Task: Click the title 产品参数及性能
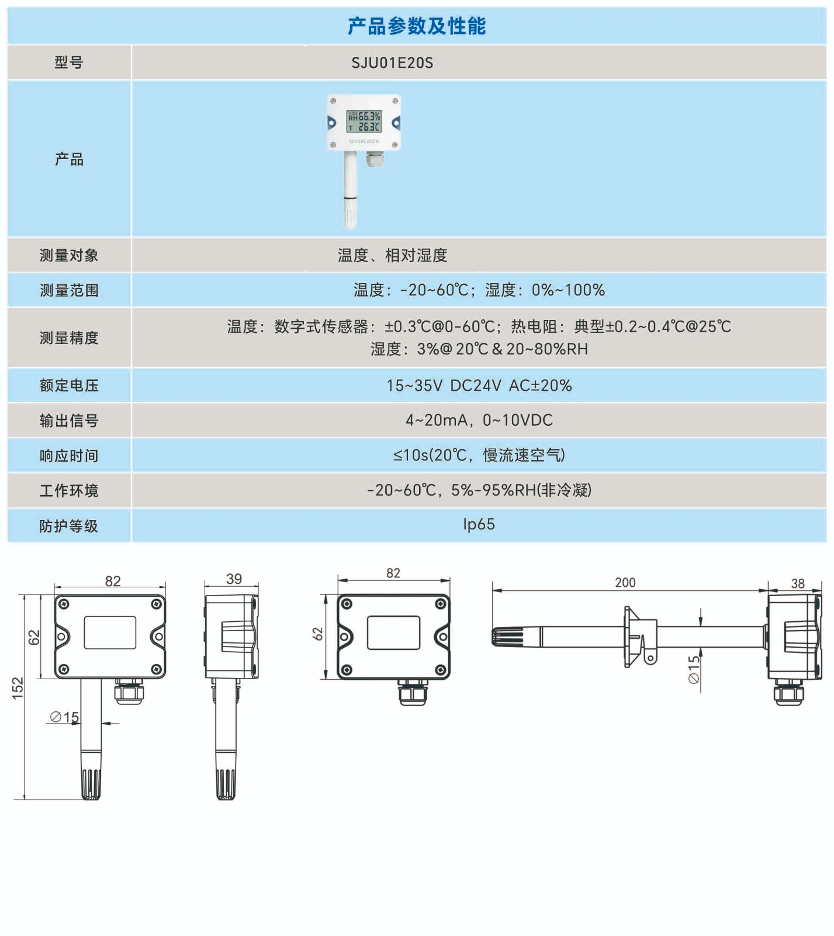click(417, 26)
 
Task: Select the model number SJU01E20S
click(392, 63)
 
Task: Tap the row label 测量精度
click(69, 338)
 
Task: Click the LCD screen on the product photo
click(364, 121)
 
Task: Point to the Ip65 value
click(479, 525)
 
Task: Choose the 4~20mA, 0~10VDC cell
click(479, 420)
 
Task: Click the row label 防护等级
click(69, 526)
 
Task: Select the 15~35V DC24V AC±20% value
click(479, 386)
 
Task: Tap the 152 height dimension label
click(18, 688)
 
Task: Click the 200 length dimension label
click(625, 583)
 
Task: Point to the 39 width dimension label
click(234, 579)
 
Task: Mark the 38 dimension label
click(797, 583)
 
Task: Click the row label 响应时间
click(69, 456)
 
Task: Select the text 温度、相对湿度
click(392, 256)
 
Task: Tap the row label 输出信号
click(69, 421)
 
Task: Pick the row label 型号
click(69, 63)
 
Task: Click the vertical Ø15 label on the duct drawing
click(694, 669)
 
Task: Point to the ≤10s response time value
click(479, 455)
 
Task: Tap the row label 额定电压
click(69, 386)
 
